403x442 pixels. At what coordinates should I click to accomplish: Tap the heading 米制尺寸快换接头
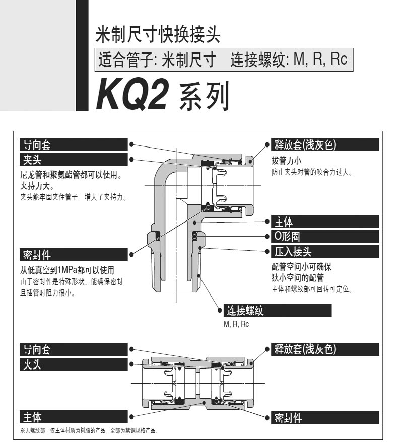pos(158,35)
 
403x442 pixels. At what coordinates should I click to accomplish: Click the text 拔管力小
pos(287,161)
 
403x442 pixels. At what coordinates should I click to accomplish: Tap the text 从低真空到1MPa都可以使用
pos(67,270)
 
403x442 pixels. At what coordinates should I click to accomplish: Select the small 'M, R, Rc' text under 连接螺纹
pos(236,324)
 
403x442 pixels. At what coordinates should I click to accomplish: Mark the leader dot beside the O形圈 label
pos(267,236)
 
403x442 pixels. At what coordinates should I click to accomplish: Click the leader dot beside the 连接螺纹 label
pos(220,310)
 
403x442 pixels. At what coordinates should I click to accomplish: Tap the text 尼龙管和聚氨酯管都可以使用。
pos(72,175)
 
